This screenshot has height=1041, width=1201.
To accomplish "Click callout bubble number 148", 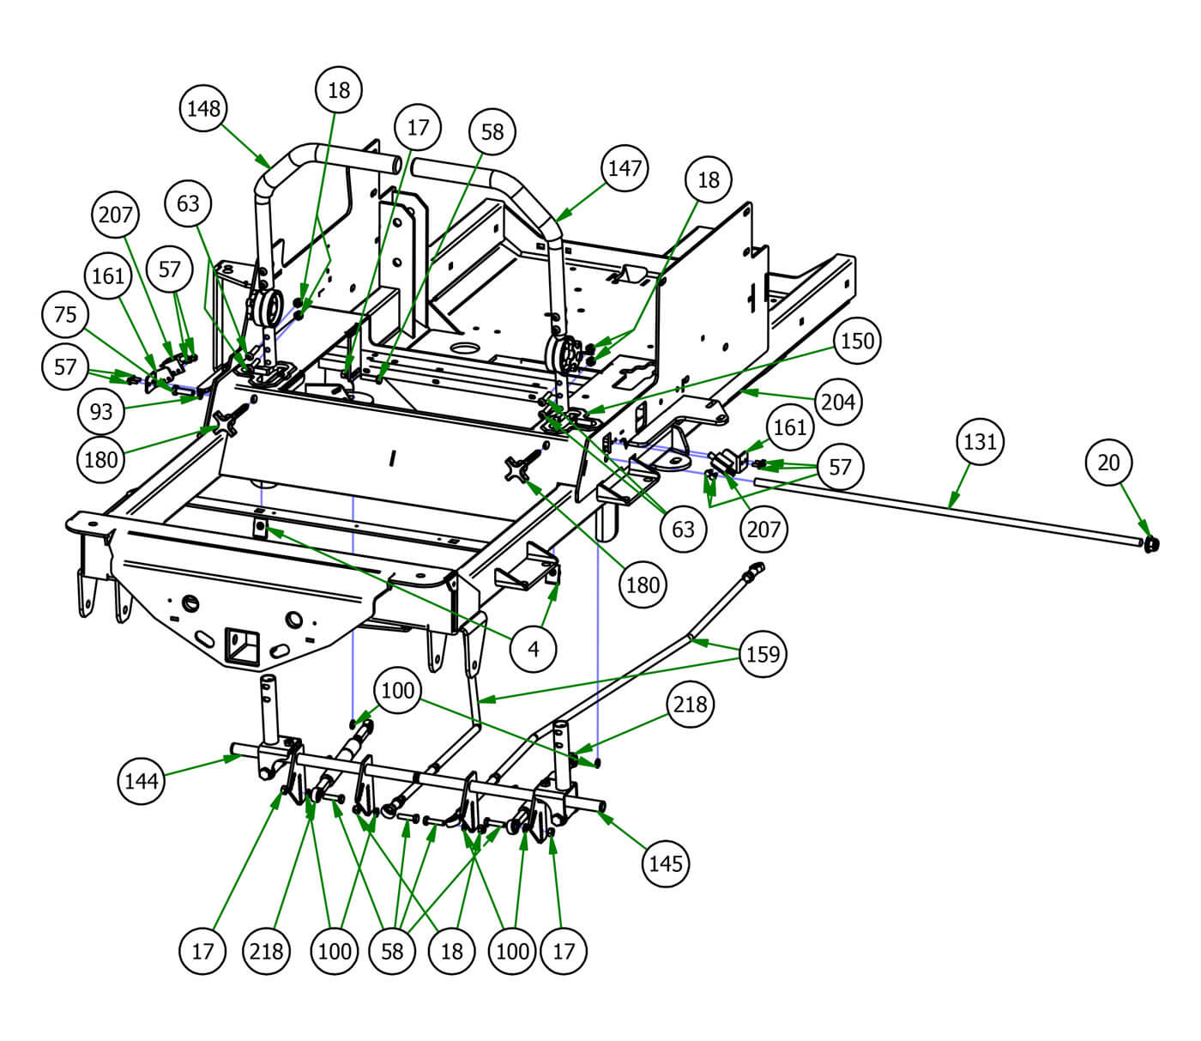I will point(204,108).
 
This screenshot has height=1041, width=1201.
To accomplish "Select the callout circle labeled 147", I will point(625,167).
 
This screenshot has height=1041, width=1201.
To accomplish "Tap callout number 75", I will point(65,315).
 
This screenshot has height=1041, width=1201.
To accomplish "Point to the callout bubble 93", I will point(101,411).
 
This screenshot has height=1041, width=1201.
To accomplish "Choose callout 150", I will point(856,341).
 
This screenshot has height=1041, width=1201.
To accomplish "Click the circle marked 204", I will point(838,401).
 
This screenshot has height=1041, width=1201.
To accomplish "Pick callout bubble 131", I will point(980,441).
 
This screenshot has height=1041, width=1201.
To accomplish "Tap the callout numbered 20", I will point(1109,463).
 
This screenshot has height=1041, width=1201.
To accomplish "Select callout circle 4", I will point(534,650).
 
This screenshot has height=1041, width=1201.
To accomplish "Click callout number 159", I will point(763,654).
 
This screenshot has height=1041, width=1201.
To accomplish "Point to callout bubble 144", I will point(141,781).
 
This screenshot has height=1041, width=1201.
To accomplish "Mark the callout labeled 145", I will point(666,862).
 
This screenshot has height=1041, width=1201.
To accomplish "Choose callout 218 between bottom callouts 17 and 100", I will point(266,951).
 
